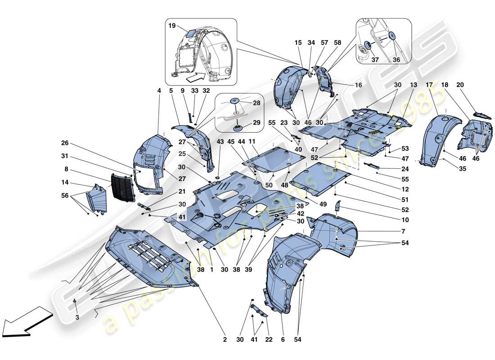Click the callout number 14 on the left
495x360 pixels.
click(x=66, y=184)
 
